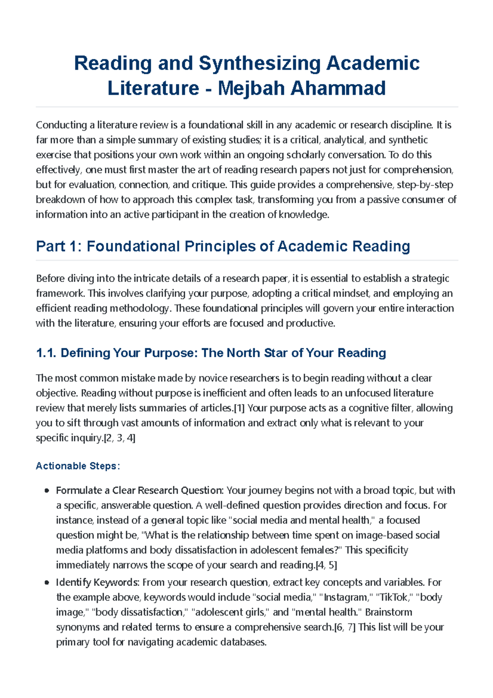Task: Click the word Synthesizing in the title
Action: pos(259,63)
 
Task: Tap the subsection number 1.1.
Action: pos(46,353)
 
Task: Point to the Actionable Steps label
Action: pos(78,466)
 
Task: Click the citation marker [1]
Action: pos(239,408)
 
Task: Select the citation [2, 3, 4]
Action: pos(120,438)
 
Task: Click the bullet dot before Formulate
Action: pos(47,490)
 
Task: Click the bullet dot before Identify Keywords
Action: pos(47,582)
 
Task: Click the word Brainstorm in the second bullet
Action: pos(388,612)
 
